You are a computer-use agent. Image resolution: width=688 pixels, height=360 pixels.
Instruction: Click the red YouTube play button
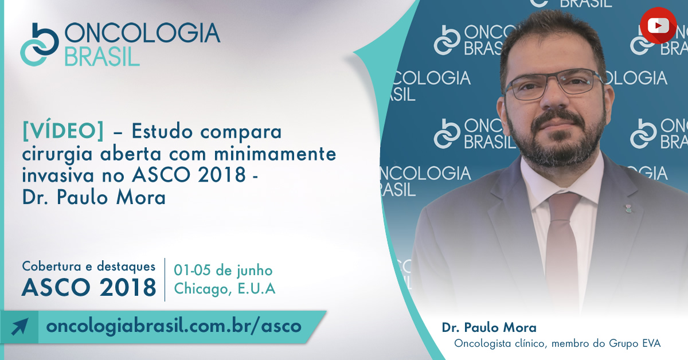point(658,25)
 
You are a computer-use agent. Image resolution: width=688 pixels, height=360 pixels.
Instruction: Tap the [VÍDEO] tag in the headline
point(63,131)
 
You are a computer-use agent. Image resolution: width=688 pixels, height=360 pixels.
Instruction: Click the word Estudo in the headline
point(162,131)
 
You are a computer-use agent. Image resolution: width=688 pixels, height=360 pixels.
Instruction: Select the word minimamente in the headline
point(275,154)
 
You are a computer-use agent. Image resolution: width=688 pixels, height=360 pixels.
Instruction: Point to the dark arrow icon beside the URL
point(19,327)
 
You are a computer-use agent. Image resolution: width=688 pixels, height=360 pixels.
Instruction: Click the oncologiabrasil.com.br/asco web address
point(174,326)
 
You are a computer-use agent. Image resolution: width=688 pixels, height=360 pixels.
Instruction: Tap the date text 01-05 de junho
point(223,271)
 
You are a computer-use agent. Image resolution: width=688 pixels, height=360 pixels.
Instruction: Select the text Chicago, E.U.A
point(225,288)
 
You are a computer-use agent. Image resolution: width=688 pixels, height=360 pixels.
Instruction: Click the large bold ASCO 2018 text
point(89,288)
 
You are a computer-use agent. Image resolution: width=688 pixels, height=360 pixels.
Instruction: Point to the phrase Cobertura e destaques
point(89,267)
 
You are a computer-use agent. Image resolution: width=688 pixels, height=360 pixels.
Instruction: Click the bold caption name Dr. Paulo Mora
point(489,327)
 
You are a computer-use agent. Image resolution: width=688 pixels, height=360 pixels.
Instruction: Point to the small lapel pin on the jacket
point(629,209)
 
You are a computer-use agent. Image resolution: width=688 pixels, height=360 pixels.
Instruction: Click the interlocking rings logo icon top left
point(40,45)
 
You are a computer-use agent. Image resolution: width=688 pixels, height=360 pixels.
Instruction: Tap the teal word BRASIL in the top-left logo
point(102,57)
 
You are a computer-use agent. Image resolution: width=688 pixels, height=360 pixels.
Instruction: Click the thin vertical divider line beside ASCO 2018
point(165,280)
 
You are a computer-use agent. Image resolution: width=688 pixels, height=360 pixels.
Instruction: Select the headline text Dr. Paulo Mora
point(94,197)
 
